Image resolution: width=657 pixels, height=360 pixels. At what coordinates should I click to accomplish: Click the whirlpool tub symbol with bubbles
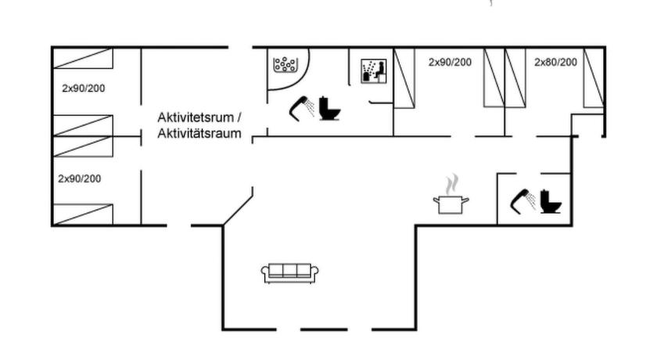(285, 64)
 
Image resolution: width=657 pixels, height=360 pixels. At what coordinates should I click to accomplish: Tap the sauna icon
(373, 71)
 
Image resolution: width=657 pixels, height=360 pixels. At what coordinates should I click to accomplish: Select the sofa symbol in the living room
(289, 273)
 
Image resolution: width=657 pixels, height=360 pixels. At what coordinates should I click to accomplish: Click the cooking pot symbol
(451, 204)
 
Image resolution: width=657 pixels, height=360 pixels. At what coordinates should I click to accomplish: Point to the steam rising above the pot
(451, 185)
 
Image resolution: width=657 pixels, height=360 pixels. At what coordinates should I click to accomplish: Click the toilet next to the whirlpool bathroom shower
(329, 109)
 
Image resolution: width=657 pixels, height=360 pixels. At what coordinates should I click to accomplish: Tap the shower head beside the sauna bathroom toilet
(302, 108)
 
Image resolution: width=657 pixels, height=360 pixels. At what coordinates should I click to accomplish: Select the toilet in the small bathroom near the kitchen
(550, 202)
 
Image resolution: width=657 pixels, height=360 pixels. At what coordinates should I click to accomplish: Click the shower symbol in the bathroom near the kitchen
(522, 202)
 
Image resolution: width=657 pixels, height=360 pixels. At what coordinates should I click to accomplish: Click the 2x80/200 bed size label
(555, 63)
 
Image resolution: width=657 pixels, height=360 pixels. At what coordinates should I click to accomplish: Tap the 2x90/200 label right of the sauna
(450, 62)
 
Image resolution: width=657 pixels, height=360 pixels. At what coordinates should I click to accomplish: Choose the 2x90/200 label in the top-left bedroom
(84, 88)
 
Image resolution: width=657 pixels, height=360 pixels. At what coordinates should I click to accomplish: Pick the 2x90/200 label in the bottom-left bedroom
(79, 179)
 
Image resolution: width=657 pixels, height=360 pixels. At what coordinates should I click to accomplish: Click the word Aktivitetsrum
(196, 117)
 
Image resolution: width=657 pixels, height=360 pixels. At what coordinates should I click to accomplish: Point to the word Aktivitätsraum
(199, 134)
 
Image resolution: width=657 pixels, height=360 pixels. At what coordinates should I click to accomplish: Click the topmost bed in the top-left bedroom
(83, 58)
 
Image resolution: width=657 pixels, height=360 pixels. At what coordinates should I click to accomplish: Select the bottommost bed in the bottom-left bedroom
(83, 214)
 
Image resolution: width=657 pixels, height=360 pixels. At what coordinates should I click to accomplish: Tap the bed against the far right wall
(594, 78)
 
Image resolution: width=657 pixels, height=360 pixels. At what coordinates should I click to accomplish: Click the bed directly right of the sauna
(404, 78)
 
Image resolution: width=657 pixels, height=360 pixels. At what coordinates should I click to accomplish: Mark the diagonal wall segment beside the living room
(238, 211)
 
